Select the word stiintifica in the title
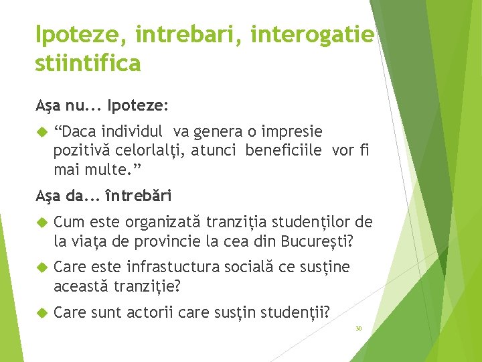click(x=88, y=63)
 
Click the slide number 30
click(x=358, y=328)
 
